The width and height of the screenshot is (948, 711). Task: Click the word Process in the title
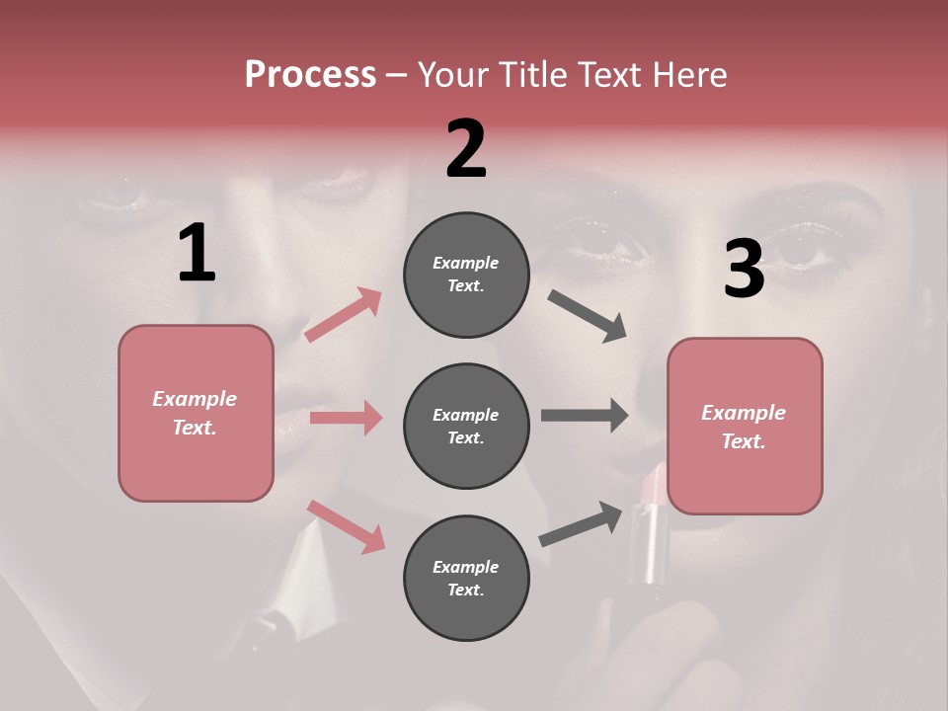(x=310, y=75)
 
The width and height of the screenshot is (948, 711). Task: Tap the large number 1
(x=197, y=253)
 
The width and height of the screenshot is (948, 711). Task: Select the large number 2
(x=466, y=149)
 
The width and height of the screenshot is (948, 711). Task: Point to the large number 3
(x=744, y=270)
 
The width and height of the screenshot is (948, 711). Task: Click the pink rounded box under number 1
(x=196, y=413)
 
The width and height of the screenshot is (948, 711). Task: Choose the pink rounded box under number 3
(x=745, y=426)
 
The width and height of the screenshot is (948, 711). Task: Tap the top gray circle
(x=466, y=275)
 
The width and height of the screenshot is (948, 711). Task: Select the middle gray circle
(x=466, y=426)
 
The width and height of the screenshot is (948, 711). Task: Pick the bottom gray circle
(x=466, y=578)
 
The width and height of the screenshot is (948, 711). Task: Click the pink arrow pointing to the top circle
(x=343, y=315)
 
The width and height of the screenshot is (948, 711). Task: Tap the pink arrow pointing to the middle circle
(x=346, y=418)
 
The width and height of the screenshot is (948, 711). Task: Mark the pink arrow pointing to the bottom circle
(x=346, y=526)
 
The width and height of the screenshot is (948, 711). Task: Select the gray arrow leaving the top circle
(x=588, y=316)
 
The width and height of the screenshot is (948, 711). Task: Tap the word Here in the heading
(x=688, y=75)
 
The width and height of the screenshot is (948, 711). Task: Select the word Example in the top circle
(x=465, y=263)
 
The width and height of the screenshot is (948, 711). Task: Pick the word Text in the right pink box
(x=743, y=441)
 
